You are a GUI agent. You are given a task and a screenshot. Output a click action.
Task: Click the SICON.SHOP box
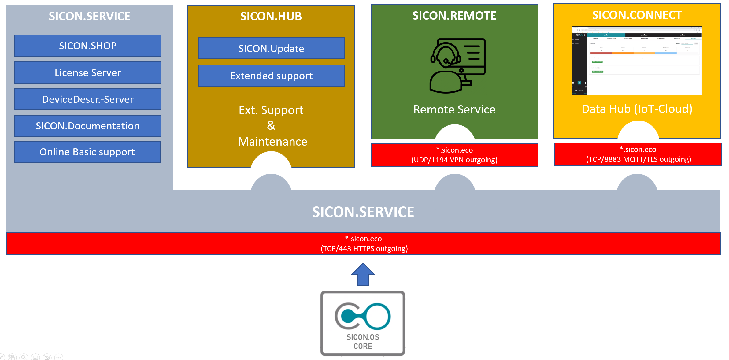click(88, 46)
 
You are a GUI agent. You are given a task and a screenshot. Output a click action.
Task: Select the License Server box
click(88, 72)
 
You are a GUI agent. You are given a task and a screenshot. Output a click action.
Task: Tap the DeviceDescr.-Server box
click(88, 99)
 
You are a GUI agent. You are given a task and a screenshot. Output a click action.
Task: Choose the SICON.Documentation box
click(88, 126)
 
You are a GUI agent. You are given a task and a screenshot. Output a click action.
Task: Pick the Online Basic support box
click(87, 152)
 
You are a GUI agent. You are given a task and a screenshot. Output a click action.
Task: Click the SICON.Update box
click(272, 48)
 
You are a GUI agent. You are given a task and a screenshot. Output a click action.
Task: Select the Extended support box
click(272, 76)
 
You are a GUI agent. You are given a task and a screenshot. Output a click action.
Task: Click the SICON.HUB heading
click(271, 16)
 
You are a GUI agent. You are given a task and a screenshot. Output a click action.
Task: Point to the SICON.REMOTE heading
click(454, 16)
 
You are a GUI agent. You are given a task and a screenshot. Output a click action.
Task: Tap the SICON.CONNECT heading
click(637, 15)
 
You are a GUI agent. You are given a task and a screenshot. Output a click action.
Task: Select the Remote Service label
click(454, 109)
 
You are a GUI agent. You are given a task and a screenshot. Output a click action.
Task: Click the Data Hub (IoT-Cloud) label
click(637, 109)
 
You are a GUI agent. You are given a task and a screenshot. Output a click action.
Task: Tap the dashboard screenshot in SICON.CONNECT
click(637, 61)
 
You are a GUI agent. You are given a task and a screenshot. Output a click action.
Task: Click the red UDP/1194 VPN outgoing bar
click(454, 155)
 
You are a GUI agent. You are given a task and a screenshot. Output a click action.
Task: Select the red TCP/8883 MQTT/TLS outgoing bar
click(638, 154)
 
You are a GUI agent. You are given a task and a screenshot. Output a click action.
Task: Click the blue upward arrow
click(363, 274)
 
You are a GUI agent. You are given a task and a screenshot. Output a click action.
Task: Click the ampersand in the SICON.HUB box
click(271, 125)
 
